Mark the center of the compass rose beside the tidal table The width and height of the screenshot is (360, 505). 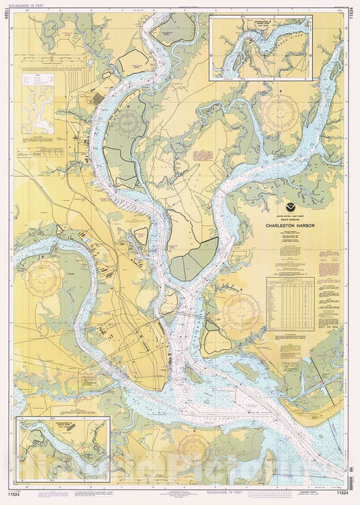pyautogui.click(x=241, y=311)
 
